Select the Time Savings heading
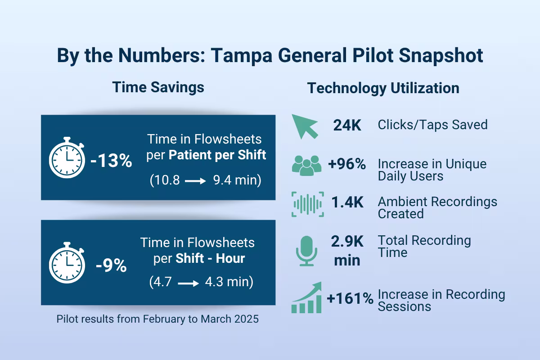158,87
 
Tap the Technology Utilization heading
383,88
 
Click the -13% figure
111,161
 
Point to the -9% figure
111,265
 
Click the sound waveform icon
308,204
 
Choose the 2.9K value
347,242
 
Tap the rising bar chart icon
307,298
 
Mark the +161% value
351,298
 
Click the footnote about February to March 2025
157,319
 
